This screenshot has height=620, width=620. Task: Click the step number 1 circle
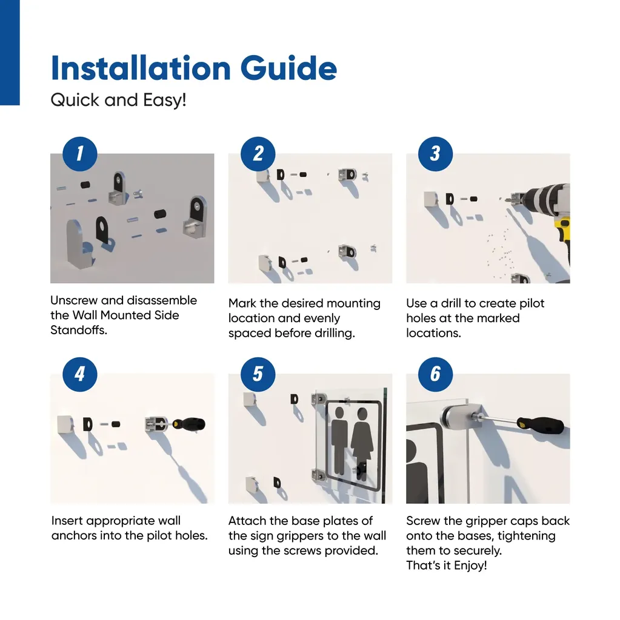pos(80,154)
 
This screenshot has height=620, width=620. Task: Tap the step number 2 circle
pos(258,154)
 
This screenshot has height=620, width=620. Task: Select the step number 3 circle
pos(436,154)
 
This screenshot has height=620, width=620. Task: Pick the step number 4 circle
pos(80,374)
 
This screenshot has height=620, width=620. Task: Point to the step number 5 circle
pos(258,374)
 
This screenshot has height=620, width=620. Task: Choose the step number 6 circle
pos(436,374)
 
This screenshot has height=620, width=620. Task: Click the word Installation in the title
pos(141,68)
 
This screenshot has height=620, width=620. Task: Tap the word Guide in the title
pos(288,68)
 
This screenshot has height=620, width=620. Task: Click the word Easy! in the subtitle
pos(165,101)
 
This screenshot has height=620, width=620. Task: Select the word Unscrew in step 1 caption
pos(74,300)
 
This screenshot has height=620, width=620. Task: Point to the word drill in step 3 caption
pos(450,303)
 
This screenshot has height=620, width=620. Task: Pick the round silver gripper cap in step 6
pos(458,419)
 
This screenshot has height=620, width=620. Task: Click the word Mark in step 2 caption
pos(242,303)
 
